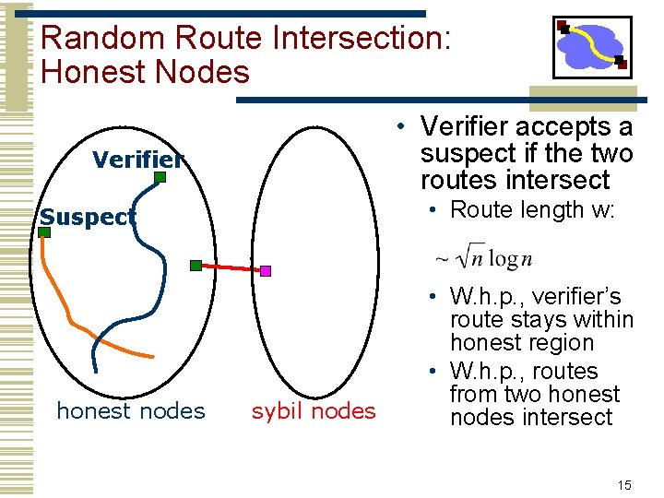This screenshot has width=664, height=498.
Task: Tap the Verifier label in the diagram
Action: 137,160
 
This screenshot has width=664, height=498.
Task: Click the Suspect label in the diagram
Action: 88,218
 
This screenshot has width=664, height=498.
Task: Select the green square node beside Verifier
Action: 160,176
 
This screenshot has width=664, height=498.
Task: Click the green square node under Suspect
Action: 43,233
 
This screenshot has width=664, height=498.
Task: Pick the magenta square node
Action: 266,271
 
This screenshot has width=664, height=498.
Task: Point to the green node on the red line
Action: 196,266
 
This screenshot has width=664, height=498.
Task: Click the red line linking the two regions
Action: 231,268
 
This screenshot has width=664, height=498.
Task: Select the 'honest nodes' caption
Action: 131,410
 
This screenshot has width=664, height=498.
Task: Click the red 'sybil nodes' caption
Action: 314,410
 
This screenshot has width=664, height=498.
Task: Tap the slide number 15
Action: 624,485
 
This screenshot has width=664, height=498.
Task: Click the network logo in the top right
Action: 591,46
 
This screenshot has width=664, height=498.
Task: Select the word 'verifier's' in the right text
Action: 573,297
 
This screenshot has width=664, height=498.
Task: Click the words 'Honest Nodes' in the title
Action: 146,72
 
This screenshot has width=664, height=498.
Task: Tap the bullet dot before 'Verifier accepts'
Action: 403,125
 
